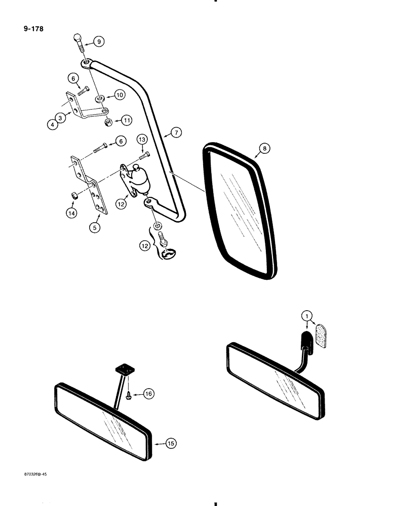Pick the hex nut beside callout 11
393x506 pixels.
[108, 121]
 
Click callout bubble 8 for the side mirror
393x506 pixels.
[264, 148]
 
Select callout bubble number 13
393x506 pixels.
[142, 139]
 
